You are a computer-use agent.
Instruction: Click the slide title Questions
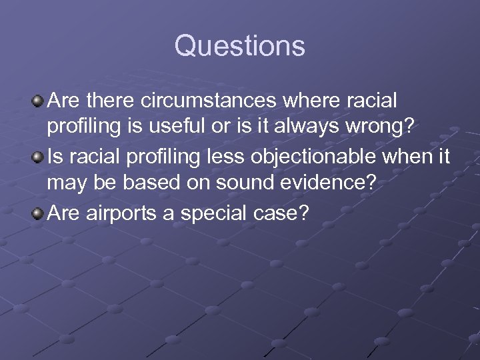240,47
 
